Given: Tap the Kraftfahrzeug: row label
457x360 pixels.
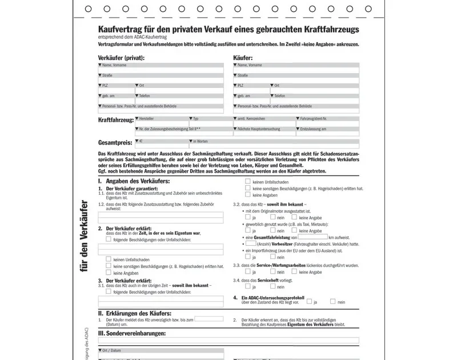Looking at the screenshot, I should [x=116, y=120].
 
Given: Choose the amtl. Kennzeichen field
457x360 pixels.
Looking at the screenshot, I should [x=263, y=122].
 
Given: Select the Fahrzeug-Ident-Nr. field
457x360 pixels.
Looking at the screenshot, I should [x=327, y=122].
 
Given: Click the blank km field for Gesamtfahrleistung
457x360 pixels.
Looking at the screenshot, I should [x=312, y=237].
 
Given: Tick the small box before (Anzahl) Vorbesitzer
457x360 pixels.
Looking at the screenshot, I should [x=250, y=244].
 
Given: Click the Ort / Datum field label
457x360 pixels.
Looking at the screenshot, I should [x=112, y=350].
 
